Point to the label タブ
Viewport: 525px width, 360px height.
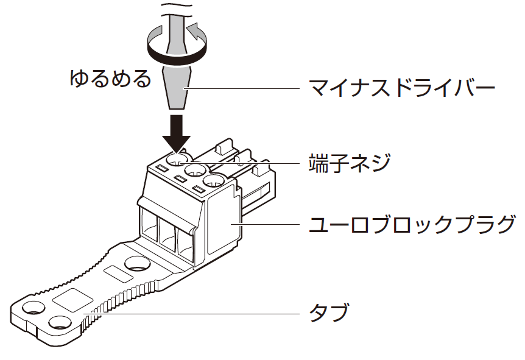coord(329,313)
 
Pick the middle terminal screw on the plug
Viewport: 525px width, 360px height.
coord(195,171)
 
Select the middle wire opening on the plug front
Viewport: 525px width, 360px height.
coord(167,233)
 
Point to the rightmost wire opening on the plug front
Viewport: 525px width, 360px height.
coord(185,242)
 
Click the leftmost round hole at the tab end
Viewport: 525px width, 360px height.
coord(32,309)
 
